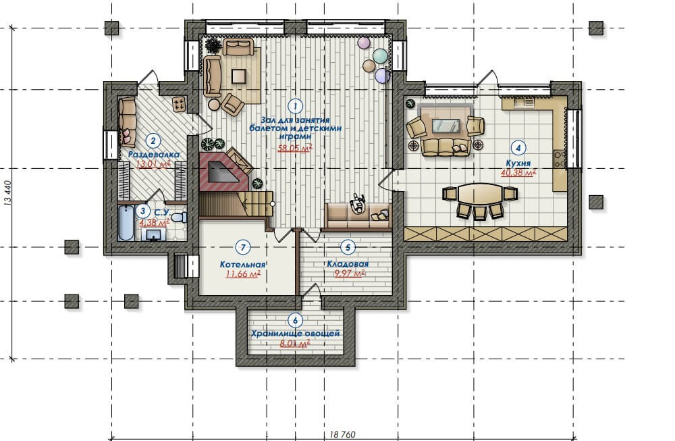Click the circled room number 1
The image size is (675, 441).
(296, 105)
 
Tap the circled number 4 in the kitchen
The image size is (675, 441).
(518, 148)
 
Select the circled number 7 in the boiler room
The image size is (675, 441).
(243, 247)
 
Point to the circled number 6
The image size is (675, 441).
(296, 320)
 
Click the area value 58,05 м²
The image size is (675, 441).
(295, 149)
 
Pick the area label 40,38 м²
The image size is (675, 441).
(518, 173)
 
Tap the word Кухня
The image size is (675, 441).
(518, 163)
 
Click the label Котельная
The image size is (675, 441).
(243, 265)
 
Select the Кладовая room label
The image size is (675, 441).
(348, 264)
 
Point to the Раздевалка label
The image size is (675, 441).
(154, 154)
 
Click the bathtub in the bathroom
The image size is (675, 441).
(126, 223)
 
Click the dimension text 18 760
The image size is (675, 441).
(343, 434)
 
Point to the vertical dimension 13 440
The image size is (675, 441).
(7, 194)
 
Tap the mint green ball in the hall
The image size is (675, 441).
(380, 55)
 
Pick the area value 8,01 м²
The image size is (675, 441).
(296, 344)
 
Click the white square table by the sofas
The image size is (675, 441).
(239, 77)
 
